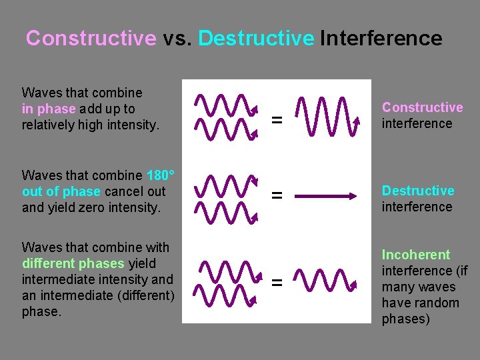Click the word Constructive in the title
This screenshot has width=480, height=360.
91,38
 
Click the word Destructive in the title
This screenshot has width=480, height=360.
256,38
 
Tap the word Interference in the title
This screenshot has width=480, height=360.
381,38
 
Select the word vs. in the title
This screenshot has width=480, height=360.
177,38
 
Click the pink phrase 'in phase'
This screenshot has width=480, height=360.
49,109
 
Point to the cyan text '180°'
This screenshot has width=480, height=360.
160,175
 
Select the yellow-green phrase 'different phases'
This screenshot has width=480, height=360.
73,263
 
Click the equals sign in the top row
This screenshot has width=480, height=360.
276,121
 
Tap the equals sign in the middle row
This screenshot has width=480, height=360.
276,196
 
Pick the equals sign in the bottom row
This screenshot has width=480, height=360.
276,283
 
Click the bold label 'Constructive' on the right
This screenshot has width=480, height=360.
422,107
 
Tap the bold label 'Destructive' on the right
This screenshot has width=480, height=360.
418,191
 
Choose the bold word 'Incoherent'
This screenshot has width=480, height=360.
415,255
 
